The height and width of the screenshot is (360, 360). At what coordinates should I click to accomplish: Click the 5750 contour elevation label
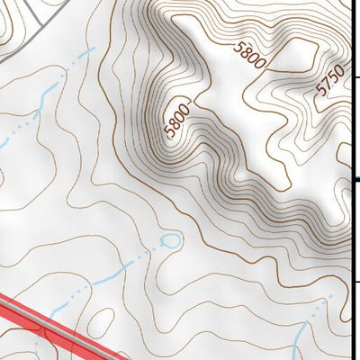(330, 81)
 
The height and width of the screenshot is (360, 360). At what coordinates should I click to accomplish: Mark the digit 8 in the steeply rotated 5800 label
(174, 124)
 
